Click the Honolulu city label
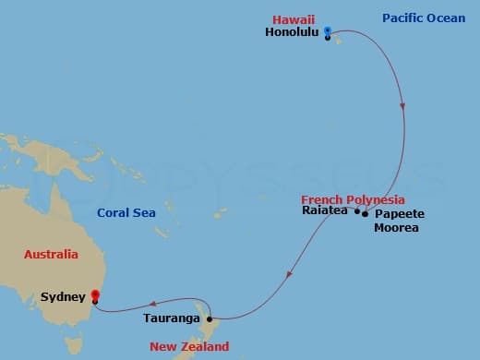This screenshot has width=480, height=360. [292, 31]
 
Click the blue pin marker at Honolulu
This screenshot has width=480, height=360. [328, 14]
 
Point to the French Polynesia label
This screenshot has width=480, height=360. [353, 199]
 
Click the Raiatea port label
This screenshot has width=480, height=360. [325, 210]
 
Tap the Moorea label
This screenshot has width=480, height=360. [396, 227]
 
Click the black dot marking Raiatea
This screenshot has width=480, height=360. [357, 211]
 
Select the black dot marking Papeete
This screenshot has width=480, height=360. [366, 214]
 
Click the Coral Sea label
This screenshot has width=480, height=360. [126, 213]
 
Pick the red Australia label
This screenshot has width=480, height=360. [51, 254]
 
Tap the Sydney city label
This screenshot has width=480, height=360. [64, 296]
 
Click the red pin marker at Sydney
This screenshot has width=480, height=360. [94, 295]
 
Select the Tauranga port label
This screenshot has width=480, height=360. [172, 319]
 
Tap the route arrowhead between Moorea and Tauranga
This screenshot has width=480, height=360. [291, 273]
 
